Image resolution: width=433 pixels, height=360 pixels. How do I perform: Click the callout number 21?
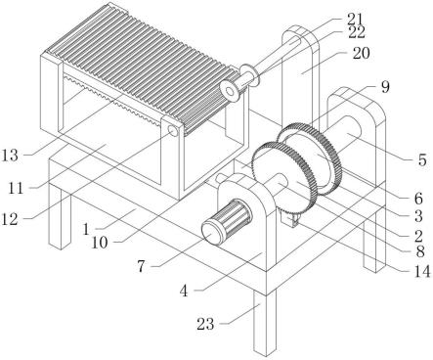click(355, 19)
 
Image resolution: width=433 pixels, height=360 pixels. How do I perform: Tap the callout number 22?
click(356, 32)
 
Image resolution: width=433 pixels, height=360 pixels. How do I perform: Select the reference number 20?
click(361, 54)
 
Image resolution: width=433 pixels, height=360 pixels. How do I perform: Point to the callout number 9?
click(385, 87)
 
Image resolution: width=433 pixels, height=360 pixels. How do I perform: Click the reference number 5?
click(422, 160)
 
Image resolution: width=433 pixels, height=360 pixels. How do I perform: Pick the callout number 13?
click(10, 156)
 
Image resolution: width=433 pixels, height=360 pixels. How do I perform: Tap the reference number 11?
click(17, 188)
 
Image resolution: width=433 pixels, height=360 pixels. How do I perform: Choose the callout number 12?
click(10, 220)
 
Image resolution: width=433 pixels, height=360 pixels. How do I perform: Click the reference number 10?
click(100, 243)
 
